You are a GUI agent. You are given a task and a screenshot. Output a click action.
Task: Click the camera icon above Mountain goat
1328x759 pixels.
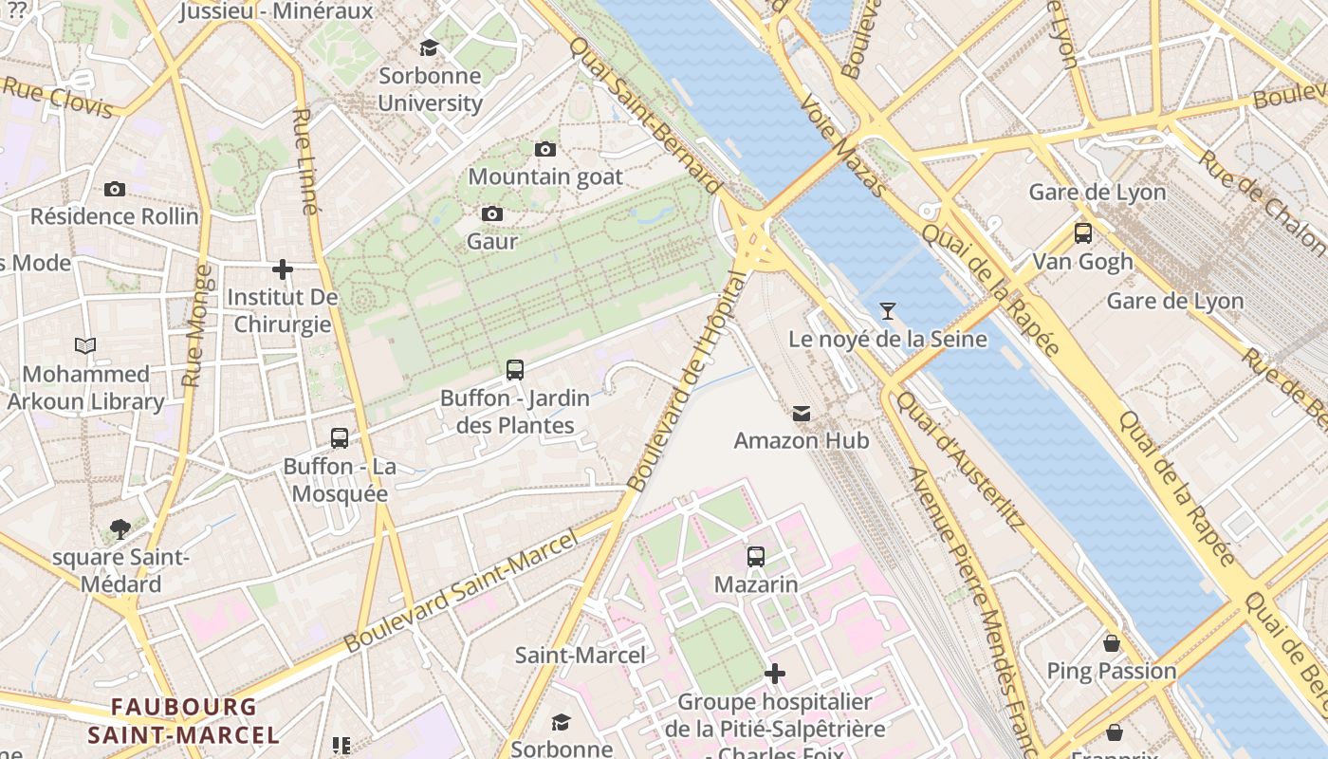point(544,149)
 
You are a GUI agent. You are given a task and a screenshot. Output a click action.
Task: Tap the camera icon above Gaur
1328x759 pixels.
point(491,213)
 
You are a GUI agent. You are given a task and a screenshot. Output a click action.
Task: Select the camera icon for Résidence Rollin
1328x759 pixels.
point(115,189)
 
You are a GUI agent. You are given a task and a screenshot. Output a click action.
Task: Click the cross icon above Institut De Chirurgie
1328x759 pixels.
point(282,269)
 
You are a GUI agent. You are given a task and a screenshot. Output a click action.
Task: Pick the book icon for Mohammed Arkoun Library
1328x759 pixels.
point(85,346)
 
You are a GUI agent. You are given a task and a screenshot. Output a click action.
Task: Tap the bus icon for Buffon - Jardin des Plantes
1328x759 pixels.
point(514,370)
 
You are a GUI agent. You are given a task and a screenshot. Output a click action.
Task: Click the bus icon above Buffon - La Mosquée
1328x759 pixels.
point(339,438)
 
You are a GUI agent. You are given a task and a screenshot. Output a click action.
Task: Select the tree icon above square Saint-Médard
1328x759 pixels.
point(120,528)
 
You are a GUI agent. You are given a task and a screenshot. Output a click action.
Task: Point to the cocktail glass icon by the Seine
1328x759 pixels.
point(887,310)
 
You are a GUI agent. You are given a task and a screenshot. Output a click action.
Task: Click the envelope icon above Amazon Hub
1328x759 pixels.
point(802,413)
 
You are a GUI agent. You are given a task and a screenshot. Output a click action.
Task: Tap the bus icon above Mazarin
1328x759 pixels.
point(755,557)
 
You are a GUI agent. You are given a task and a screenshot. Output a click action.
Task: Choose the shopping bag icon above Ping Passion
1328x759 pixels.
point(1111,643)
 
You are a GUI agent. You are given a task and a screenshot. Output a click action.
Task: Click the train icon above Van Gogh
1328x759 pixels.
point(1082,233)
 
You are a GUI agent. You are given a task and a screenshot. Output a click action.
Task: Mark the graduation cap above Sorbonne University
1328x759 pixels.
point(430,47)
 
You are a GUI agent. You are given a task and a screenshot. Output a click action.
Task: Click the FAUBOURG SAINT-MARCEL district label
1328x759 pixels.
point(184,721)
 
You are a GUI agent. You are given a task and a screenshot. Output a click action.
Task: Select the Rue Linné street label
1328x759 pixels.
point(304,161)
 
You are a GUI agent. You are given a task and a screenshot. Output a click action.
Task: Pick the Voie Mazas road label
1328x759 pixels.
point(841,145)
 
